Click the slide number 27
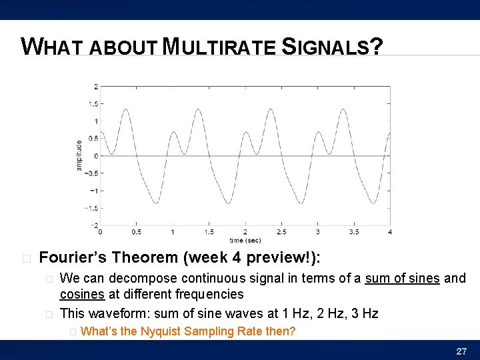(461, 351)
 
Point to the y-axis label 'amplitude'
(79, 155)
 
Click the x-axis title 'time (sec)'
(245, 240)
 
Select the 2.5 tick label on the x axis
(281, 232)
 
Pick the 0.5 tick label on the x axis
(136, 232)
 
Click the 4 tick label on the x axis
(390, 232)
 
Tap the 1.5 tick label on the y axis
(94, 104)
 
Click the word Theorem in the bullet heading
(145, 257)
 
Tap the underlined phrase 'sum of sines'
(402, 278)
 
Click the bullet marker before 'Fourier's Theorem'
(25, 258)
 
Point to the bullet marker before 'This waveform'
(47, 314)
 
